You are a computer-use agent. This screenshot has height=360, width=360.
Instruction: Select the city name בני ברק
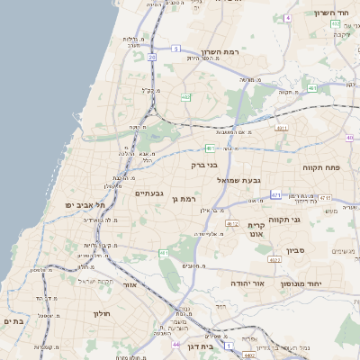[205, 165]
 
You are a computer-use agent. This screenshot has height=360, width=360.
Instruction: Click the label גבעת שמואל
[238, 180]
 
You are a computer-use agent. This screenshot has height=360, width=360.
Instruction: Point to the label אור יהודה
[245, 283]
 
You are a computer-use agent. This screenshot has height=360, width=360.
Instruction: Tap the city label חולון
[100, 313]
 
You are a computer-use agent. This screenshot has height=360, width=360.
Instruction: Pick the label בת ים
[13, 321]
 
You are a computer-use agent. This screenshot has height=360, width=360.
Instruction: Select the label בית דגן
[205, 346]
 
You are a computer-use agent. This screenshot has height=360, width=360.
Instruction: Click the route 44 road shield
[175, 345]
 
